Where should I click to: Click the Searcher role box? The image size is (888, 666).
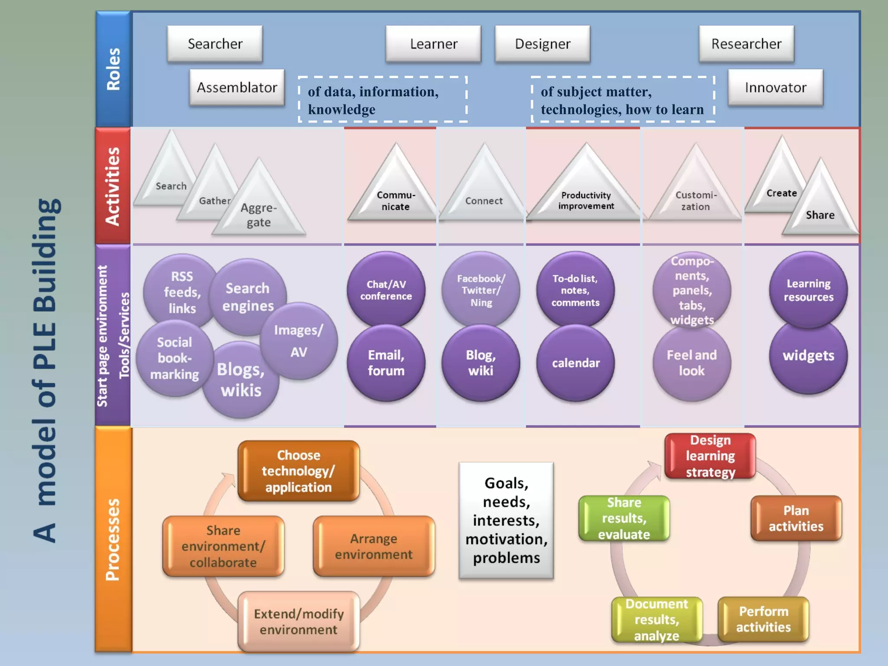tap(215, 44)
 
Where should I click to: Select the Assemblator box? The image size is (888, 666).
tap(237, 88)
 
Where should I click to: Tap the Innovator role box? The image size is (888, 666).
tap(775, 88)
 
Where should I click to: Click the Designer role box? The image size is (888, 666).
tap(542, 44)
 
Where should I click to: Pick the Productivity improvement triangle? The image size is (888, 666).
tap(586, 195)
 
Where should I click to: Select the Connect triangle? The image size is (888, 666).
tap(484, 195)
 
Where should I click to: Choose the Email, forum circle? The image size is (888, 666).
tap(386, 362)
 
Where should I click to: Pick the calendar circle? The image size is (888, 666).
tap(575, 362)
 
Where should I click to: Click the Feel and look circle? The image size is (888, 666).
tap(692, 362)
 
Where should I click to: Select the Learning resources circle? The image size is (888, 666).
tap(808, 290)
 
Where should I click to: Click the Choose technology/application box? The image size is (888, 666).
tap(298, 471)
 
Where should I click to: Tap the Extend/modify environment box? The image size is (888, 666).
tap(298, 621)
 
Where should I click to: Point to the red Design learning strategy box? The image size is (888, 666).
tap(710, 456)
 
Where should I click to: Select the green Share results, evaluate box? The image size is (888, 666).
tap(624, 518)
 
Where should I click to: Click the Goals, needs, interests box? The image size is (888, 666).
tap(506, 520)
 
